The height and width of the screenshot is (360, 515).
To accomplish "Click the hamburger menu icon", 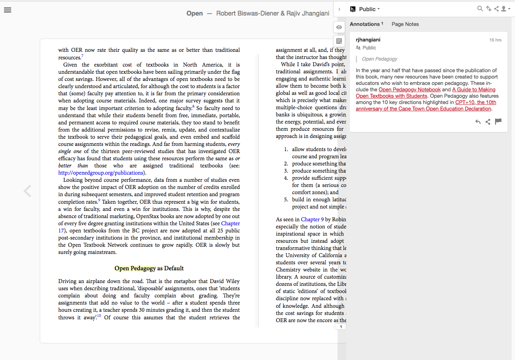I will click(7, 10).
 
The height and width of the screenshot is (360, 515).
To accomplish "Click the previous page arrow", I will click(27, 191).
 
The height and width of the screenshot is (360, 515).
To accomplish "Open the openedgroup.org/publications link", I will click(101, 173).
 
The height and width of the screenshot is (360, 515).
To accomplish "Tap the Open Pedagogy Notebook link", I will click(409, 90).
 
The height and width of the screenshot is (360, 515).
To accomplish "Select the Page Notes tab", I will click(405, 24).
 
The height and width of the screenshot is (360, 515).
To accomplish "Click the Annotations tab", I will click(365, 24).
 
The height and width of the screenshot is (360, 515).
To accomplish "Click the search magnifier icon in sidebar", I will click(480, 9).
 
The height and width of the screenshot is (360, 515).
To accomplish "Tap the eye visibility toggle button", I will click(339, 27).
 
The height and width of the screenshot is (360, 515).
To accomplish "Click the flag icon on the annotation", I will click(498, 122).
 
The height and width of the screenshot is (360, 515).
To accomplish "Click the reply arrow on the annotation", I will click(478, 122).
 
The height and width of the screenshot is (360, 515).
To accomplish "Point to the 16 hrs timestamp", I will click(495, 40).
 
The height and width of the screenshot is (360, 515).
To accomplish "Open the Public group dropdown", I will click(369, 9).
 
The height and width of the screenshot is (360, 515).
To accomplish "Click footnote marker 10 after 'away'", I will click(99, 316).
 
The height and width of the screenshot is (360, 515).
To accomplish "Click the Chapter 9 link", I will click(310, 219).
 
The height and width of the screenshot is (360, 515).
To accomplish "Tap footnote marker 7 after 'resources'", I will click(82, 56).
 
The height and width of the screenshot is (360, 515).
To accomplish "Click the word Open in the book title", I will click(195, 13).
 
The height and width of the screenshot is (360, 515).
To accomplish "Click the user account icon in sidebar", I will click(505, 9).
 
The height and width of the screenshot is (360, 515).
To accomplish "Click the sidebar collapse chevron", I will click(339, 9).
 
